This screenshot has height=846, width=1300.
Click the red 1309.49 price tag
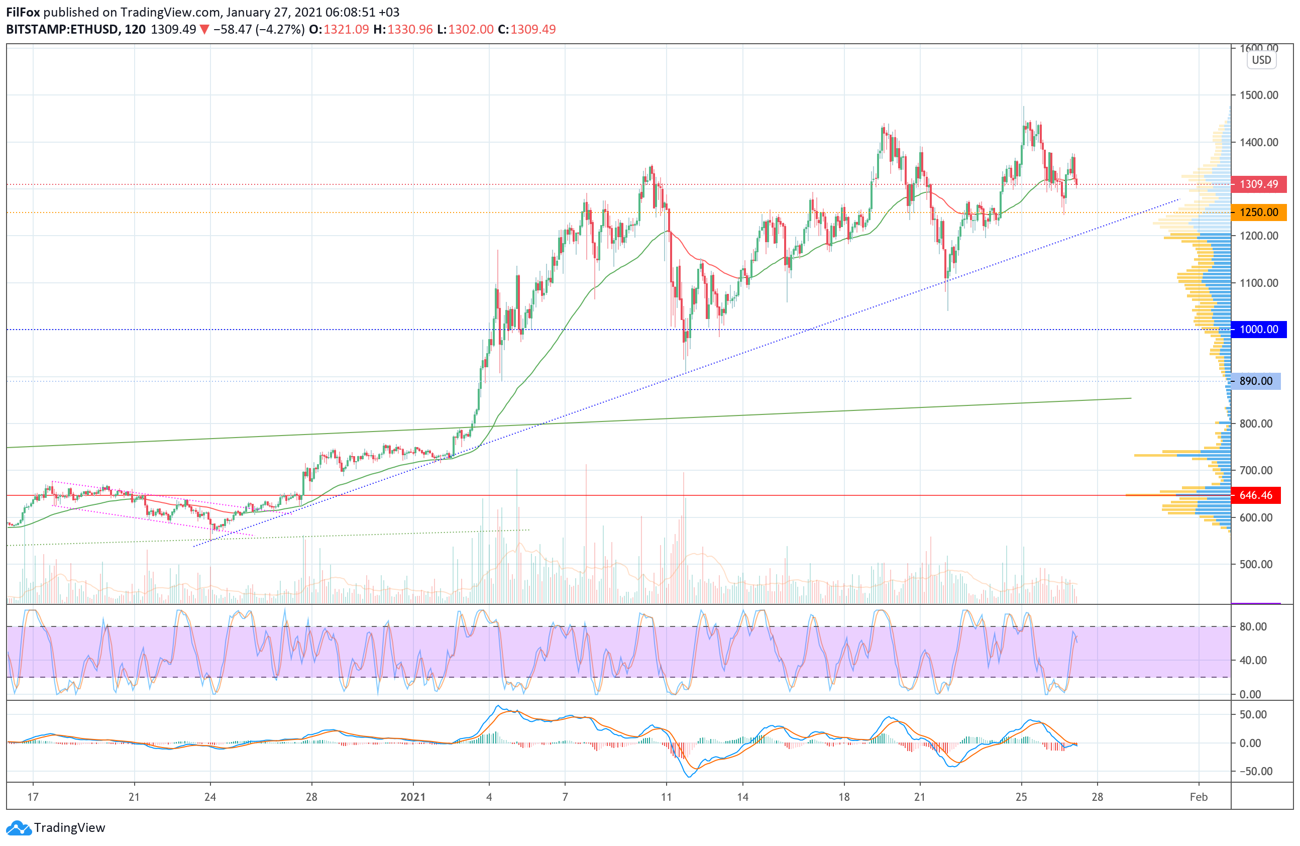(1258, 184)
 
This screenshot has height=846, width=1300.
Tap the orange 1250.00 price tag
(1258, 212)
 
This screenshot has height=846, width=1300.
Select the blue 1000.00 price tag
(1258, 330)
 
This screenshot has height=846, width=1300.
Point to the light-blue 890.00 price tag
(1255, 381)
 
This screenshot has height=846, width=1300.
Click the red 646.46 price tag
(1255, 495)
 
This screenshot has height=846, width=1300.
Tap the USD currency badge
(1261, 60)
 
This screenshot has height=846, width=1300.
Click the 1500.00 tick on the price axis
(1258, 95)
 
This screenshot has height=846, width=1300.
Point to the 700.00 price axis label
(1256, 470)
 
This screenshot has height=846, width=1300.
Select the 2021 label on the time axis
(413, 797)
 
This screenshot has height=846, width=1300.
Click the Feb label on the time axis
(1199, 797)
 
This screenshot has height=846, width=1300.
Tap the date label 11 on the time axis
(666, 797)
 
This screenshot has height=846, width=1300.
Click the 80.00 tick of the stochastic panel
(1253, 626)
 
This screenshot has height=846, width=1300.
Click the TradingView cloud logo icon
(19, 828)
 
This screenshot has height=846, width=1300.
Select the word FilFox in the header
(23, 12)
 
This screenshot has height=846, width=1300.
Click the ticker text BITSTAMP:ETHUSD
(62, 30)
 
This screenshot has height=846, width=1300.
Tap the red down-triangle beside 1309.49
(204, 30)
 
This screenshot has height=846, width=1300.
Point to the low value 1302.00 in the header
(470, 30)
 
